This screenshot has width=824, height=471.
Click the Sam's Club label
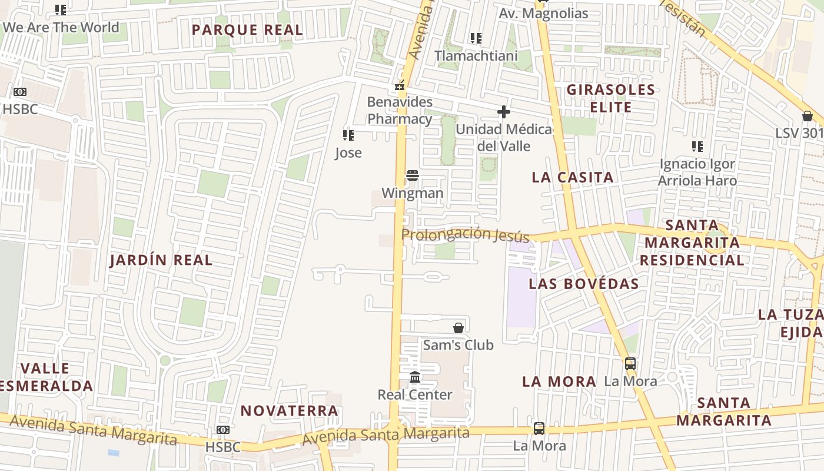point(458,344)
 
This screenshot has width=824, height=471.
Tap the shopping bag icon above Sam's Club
point(458,328)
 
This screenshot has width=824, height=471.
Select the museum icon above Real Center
point(415,377)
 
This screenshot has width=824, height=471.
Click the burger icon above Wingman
point(413,175)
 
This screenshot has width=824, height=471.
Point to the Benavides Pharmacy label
point(400,110)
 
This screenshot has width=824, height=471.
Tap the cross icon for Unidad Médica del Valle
point(503,112)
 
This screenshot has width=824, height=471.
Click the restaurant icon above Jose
point(348,135)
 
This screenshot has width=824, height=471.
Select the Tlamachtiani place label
point(476,56)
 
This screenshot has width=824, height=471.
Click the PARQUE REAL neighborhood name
point(247,30)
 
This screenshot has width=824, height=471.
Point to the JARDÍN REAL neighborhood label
point(161,260)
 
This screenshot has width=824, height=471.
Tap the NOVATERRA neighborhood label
point(289,410)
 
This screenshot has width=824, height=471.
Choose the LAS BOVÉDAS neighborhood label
point(583,284)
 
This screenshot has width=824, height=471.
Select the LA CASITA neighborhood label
point(572,177)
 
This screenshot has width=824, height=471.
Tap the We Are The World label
point(61,27)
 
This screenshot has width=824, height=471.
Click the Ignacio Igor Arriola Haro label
point(697,172)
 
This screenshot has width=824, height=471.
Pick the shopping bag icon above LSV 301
point(807,116)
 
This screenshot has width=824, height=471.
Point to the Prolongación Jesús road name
point(465,235)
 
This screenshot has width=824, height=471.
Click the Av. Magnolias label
point(543,14)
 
